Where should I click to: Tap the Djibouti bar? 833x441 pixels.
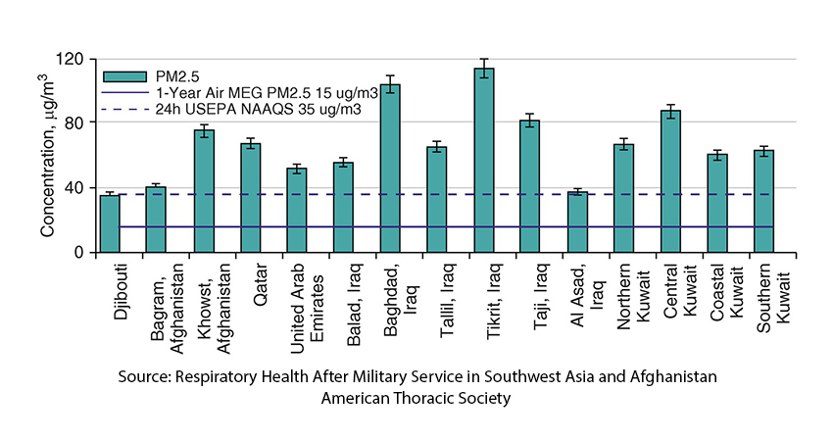click(x=110, y=223)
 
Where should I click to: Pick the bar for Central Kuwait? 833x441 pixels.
click(x=670, y=181)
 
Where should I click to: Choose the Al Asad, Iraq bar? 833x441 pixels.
click(x=576, y=222)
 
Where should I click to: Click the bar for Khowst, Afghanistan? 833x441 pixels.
click(x=203, y=191)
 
